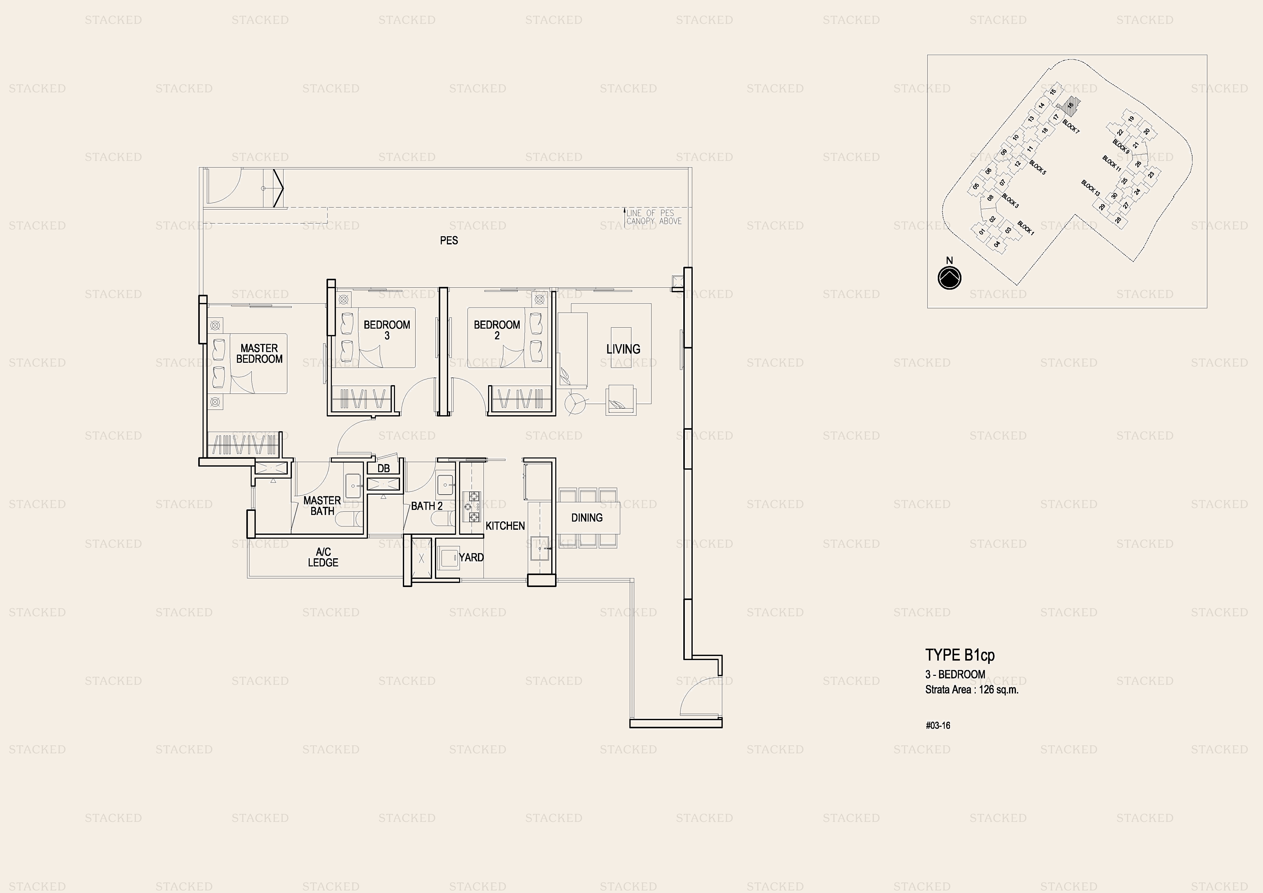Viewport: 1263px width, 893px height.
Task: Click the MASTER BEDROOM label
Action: (259, 353)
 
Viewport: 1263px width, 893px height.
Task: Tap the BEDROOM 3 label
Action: (387, 330)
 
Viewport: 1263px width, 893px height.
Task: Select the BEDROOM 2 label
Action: (497, 330)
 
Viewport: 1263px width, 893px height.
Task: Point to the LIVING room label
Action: (623, 349)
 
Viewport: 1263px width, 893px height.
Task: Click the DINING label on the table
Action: (587, 518)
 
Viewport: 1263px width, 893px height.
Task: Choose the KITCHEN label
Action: (505, 526)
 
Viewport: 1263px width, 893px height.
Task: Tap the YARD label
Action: (471, 557)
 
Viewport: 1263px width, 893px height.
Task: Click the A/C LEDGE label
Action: (323, 557)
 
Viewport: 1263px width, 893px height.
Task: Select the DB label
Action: (384, 468)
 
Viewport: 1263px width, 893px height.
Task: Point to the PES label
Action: (449, 241)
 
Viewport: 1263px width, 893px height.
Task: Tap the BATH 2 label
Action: (427, 506)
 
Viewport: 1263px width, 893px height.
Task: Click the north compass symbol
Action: (949, 278)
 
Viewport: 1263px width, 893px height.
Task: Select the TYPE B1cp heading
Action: (960, 655)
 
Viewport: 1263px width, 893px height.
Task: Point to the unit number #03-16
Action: (938, 725)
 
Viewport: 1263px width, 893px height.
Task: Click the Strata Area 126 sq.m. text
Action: (972, 689)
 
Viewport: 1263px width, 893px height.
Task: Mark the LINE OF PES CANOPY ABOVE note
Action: (654, 217)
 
